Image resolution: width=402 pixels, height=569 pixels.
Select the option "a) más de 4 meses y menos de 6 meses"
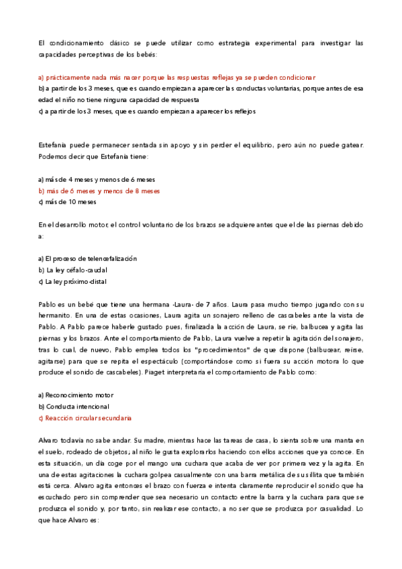(97, 179)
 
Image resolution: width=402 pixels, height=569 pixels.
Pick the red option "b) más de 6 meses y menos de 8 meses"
(99, 191)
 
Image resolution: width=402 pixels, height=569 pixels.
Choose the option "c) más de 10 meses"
(67, 201)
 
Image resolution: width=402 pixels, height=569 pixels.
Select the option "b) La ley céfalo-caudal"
(74, 270)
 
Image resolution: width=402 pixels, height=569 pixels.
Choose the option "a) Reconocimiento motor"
(76, 395)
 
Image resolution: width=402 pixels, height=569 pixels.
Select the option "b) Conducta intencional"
(74, 406)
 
